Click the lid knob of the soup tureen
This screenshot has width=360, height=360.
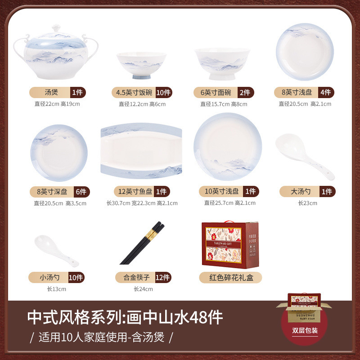55,27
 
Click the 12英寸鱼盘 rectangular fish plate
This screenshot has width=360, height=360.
141,151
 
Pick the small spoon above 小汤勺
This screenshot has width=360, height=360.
56,250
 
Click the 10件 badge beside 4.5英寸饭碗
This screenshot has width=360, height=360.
163,93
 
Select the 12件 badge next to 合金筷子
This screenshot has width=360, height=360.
162,277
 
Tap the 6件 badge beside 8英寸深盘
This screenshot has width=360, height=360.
81,191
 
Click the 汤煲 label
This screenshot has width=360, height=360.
49,93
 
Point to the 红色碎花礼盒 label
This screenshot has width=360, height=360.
230,278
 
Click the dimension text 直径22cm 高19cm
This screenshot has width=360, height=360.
57,104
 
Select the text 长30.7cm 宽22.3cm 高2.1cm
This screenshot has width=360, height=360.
142,203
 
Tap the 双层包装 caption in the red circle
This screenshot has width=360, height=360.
305,331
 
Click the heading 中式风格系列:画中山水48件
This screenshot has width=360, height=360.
125,318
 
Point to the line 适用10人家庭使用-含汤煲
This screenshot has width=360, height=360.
101,337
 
